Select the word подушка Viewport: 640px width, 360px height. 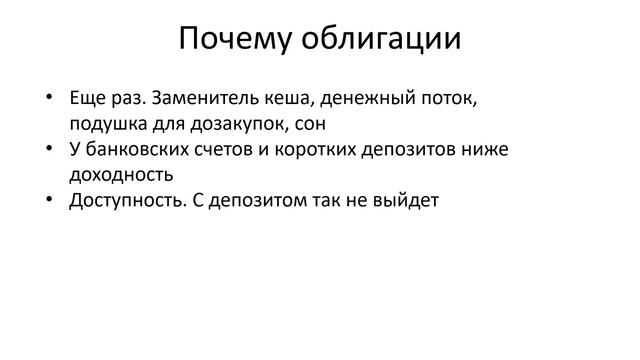tap(106, 124)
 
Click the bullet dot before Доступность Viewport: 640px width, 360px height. tap(48, 199)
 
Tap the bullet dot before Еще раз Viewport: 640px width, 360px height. tap(48, 100)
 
